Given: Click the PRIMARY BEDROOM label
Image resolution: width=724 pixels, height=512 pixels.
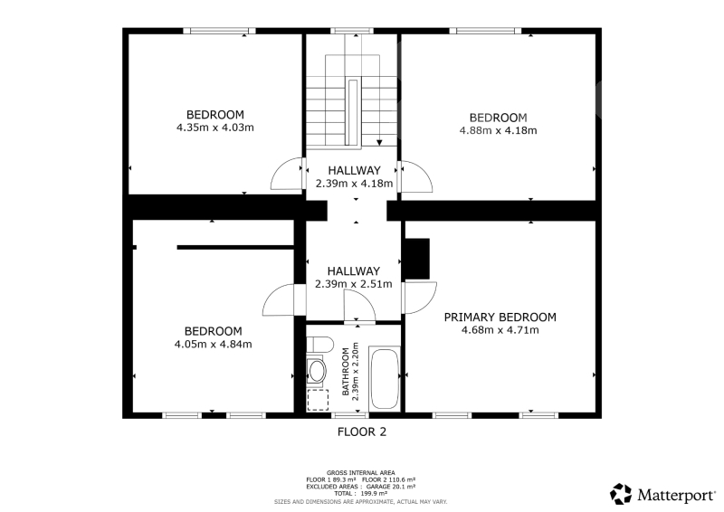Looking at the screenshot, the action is tap(500, 318).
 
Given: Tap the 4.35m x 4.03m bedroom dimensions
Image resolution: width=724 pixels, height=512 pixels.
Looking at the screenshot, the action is tap(215, 128).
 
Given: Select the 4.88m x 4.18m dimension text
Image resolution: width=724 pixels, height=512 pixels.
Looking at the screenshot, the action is tap(499, 130).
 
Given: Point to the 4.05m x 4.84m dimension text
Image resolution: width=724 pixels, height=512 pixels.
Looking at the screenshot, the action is tap(214, 345).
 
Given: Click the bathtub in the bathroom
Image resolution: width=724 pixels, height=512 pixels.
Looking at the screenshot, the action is tap(385, 379).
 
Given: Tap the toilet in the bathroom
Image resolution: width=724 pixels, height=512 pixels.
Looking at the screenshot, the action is tap(320, 345).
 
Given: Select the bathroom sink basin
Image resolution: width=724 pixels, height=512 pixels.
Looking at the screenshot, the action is tap(317, 371).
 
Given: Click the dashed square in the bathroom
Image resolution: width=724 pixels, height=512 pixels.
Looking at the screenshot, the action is tap(318, 400).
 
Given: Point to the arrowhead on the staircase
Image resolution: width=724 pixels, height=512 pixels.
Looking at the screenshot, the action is tap(379, 142).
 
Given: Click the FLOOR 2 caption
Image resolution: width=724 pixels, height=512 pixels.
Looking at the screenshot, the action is tap(362, 432).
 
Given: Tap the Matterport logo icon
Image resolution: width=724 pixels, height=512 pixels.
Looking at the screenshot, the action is tap(621, 494).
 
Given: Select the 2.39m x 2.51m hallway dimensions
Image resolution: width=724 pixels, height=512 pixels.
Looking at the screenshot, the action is tap(354, 284).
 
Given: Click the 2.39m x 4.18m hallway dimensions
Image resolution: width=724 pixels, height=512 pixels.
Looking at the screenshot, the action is tap(354, 184).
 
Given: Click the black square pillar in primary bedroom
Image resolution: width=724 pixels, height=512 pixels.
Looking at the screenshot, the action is tap(417, 259).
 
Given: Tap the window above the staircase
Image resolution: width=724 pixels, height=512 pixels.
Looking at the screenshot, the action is tap(352, 31).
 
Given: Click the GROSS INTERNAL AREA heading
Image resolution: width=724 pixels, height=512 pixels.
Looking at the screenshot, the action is tap(360, 473).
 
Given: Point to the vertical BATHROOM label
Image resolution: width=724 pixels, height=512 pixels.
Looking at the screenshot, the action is tap(346, 372).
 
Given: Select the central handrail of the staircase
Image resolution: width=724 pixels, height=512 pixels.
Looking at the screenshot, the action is tap(353, 113).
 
